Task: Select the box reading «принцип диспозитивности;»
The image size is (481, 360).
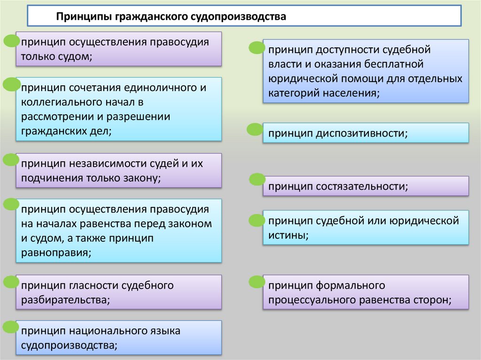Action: coord(366,133)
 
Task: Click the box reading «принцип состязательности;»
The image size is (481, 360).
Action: coord(366,186)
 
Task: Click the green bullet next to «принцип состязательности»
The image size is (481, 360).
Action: coord(257,179)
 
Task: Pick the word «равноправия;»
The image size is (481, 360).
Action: coord(55,253)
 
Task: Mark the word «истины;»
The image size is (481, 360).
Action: coord(288,235)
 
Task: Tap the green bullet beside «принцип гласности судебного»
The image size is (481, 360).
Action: coord(11,282)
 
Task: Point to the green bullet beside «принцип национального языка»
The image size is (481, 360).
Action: coord(11,327)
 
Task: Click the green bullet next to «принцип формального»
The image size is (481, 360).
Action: coord(256,282)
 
